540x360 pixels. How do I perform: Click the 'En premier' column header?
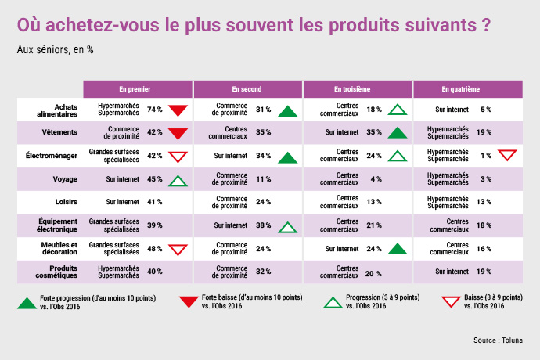point(135,89)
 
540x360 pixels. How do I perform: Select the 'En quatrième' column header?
point(460,89)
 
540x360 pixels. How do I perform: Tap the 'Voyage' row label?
point(65,179)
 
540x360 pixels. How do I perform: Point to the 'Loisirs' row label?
point(66,202)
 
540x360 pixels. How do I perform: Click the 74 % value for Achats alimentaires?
point(155,110)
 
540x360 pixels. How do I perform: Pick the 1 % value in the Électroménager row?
point(486,156)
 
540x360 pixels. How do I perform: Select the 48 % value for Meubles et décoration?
point(155,249)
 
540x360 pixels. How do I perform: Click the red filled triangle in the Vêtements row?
point(178,134)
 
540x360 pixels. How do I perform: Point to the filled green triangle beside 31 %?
point(287,112)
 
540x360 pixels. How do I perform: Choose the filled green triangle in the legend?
point(27,304)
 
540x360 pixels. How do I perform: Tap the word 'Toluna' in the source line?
point(512,340)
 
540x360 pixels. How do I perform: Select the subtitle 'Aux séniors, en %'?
point(55,50)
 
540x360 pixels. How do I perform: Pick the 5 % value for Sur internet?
point(486,110)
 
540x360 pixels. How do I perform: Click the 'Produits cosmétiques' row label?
point(56,272)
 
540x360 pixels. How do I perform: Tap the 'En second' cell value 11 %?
point(264,179)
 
